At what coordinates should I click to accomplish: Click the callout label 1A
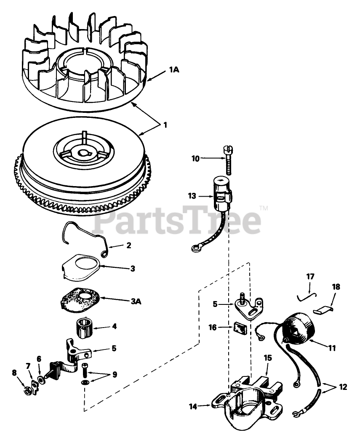point(174,70)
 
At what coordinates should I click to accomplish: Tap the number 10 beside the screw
point(195,159)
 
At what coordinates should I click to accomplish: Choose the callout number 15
point(268,358)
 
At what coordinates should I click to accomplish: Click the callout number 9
point(115,374)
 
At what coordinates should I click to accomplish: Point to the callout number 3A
point(136,301)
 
